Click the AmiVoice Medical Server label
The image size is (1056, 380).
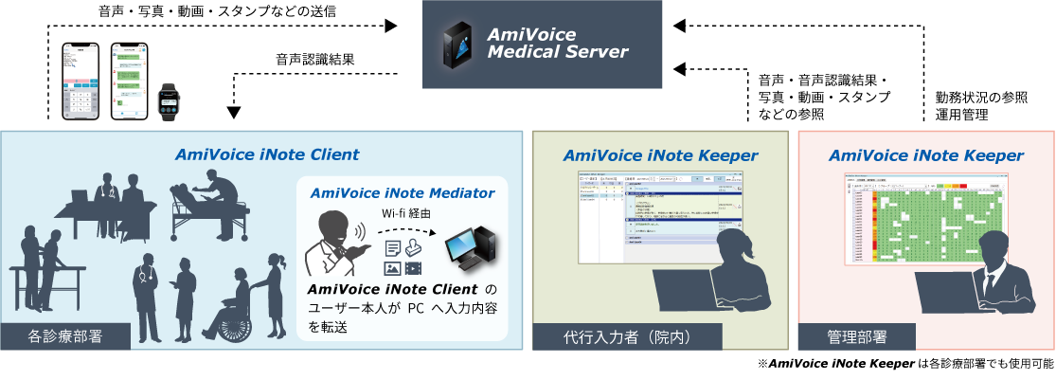(x=557, y=43)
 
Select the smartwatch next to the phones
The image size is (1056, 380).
(x=169, y=100)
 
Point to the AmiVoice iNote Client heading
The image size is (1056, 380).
(x=266, y=153)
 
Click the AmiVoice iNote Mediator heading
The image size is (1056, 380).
(x=403, y=191)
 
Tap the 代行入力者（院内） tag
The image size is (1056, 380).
(x=615, y=335)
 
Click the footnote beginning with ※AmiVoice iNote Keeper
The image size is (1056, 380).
(x=904, y=364)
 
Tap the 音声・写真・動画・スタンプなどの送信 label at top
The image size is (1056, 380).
(x=217, y=11)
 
